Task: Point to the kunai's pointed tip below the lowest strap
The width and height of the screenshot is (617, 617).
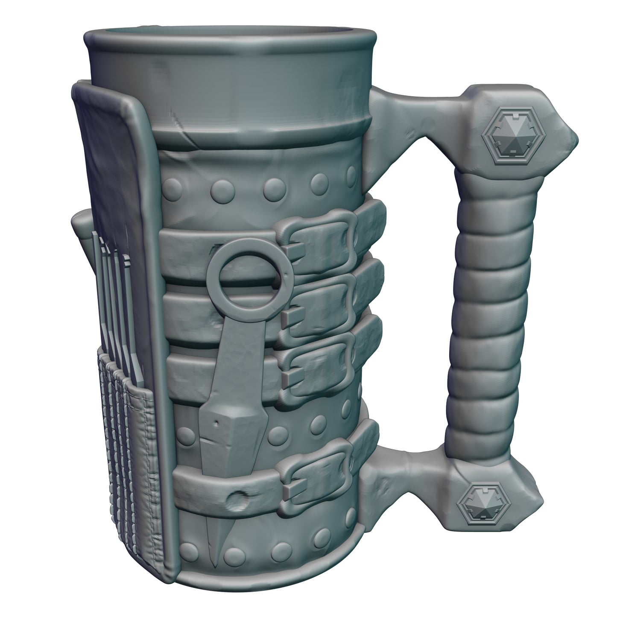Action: click(x=214, y=544)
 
